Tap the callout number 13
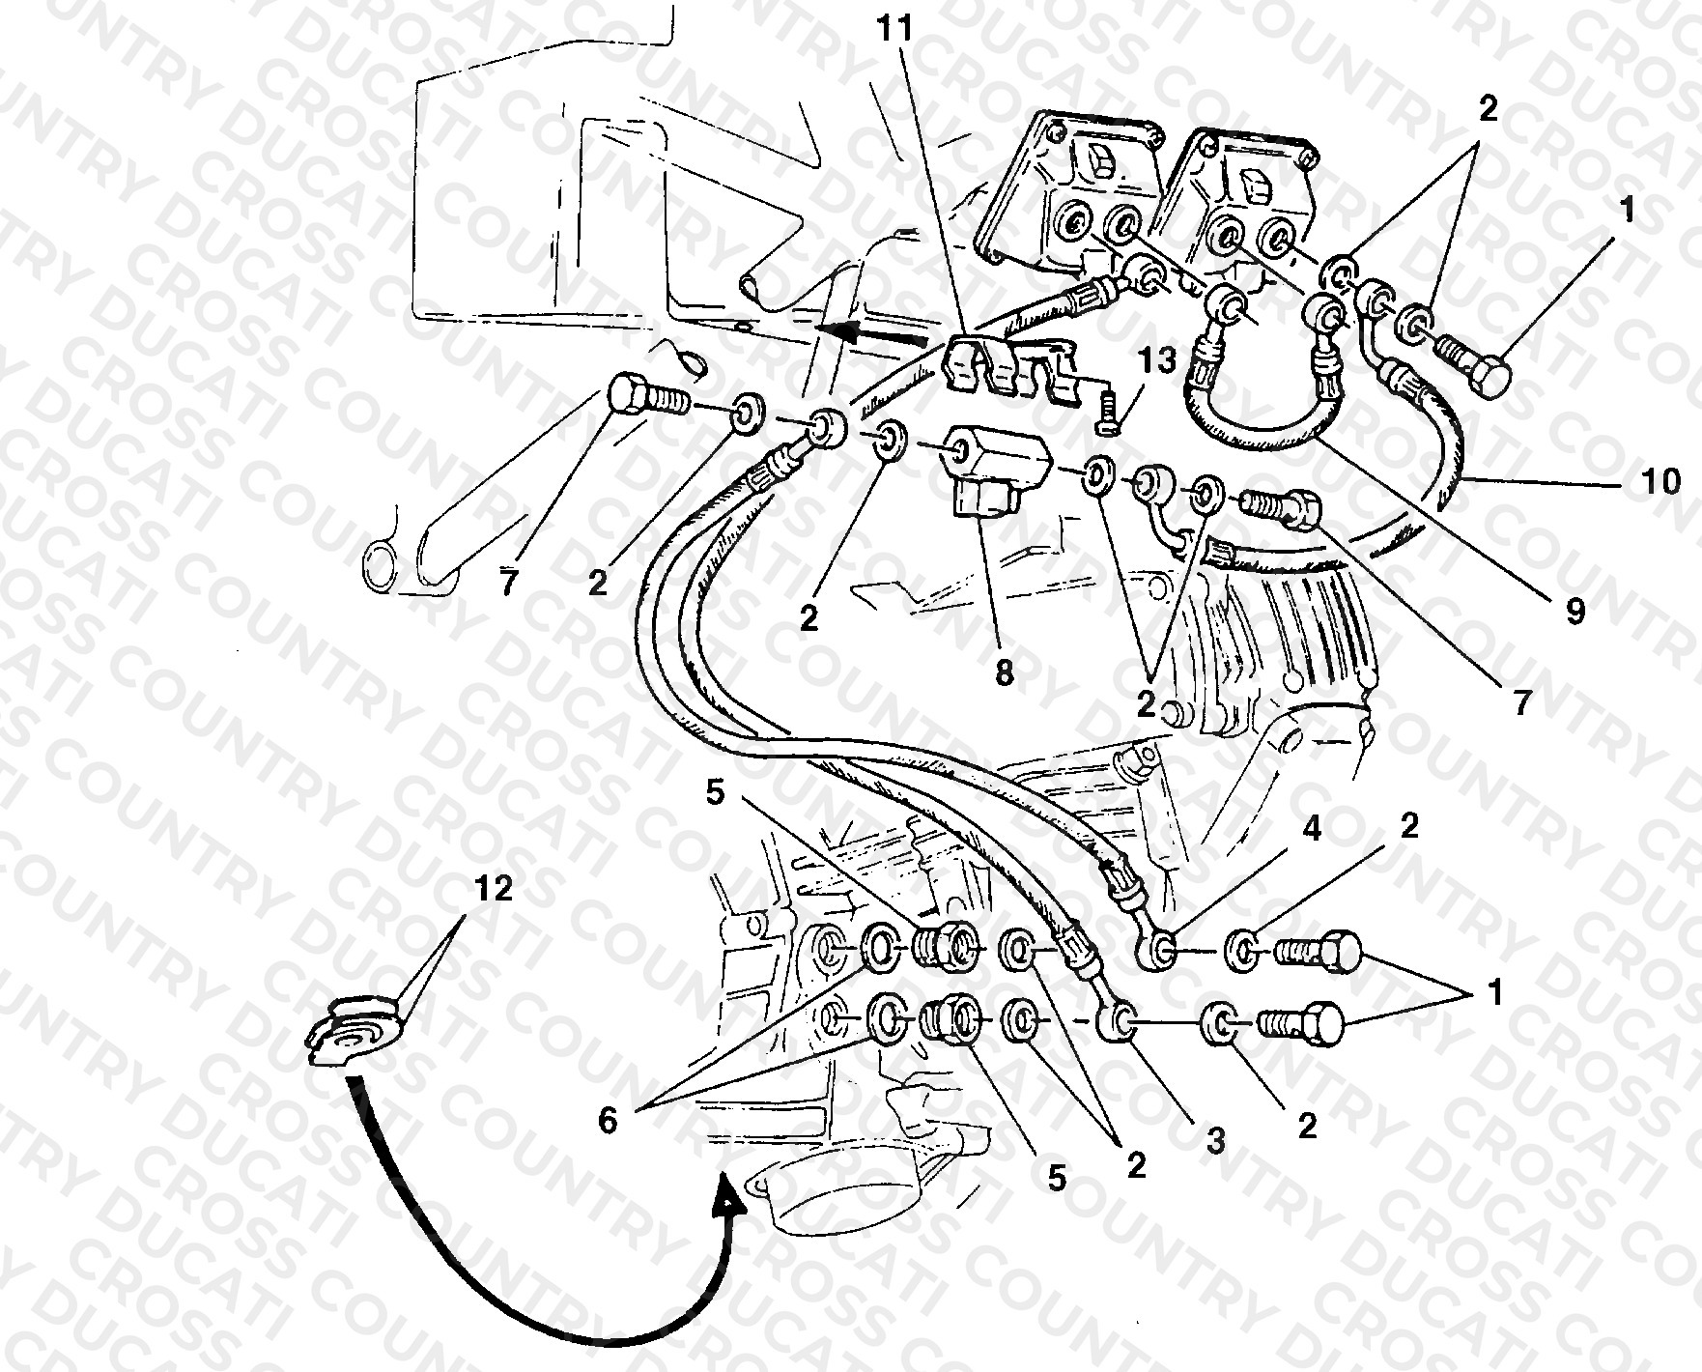[x=1158, y=361]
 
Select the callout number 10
[x=1661, y=480]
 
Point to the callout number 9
[x=1575, y=612]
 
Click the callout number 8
[x=1005, y=672]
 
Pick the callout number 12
[x=494, y=888]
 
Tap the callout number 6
[x=608, y=1121]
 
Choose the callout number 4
[x=1312, y=829]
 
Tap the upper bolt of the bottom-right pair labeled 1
[x=1318, y=951]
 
